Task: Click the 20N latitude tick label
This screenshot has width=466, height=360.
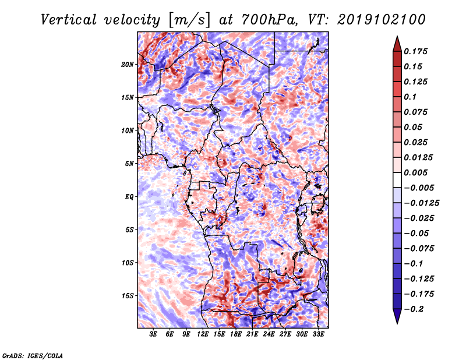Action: click(x=128, y=64)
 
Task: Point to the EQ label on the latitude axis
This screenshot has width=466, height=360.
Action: click(x=129, y=197)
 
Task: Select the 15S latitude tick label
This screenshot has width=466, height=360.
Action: click(x=128, y=296)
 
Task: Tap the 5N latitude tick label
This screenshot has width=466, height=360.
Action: click(x=130, y=164)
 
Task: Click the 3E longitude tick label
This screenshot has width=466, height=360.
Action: click(x=153, y=334)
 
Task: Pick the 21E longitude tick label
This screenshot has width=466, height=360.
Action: click(x=252, y=334)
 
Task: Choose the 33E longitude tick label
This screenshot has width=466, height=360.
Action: click(x=318, y=334)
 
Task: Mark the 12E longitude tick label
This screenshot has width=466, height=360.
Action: click(x=203, y=334)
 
